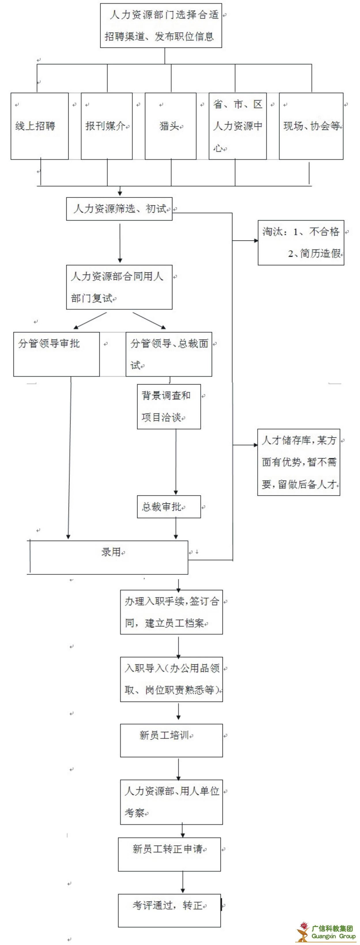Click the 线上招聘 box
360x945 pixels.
point(40,126)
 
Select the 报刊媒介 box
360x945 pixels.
point(106,126)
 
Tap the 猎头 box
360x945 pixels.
point(170,126)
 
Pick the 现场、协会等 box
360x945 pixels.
point(311,126)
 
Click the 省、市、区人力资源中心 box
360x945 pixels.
point(238,126)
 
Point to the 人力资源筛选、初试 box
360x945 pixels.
point(119,209)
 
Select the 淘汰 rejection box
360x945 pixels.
point(301,243)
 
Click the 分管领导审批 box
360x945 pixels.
point(56,354)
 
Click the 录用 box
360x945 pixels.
point(109,557)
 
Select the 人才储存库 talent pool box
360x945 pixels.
point(298,462)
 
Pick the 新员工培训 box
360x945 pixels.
point(171,740)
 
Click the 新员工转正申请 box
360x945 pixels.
point(169,854)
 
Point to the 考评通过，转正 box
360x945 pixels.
point(169,910)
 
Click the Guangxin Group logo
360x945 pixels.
point(326,932)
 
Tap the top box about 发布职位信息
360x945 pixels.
point(161,25)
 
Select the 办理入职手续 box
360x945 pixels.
point(171,612)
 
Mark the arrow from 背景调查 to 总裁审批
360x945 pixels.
point(176,462)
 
